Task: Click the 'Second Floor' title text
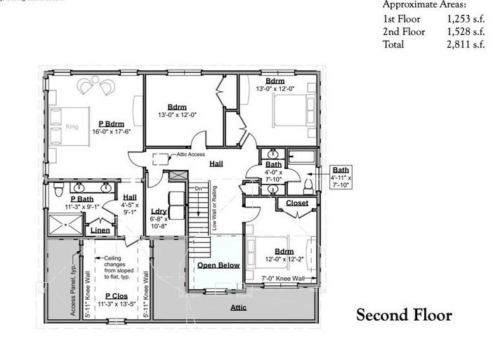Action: coord(404,316)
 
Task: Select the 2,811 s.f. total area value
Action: coord(468,45)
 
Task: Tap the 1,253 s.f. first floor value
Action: coord(468,20)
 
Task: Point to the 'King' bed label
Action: coord(71,127)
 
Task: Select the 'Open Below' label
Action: coord(218,265)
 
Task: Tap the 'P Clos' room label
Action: coord(115,296)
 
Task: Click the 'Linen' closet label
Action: coord(100,229)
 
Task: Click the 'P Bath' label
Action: coord(82,199)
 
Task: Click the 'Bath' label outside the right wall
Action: coord(341,170)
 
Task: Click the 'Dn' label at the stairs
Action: coord(198,188)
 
